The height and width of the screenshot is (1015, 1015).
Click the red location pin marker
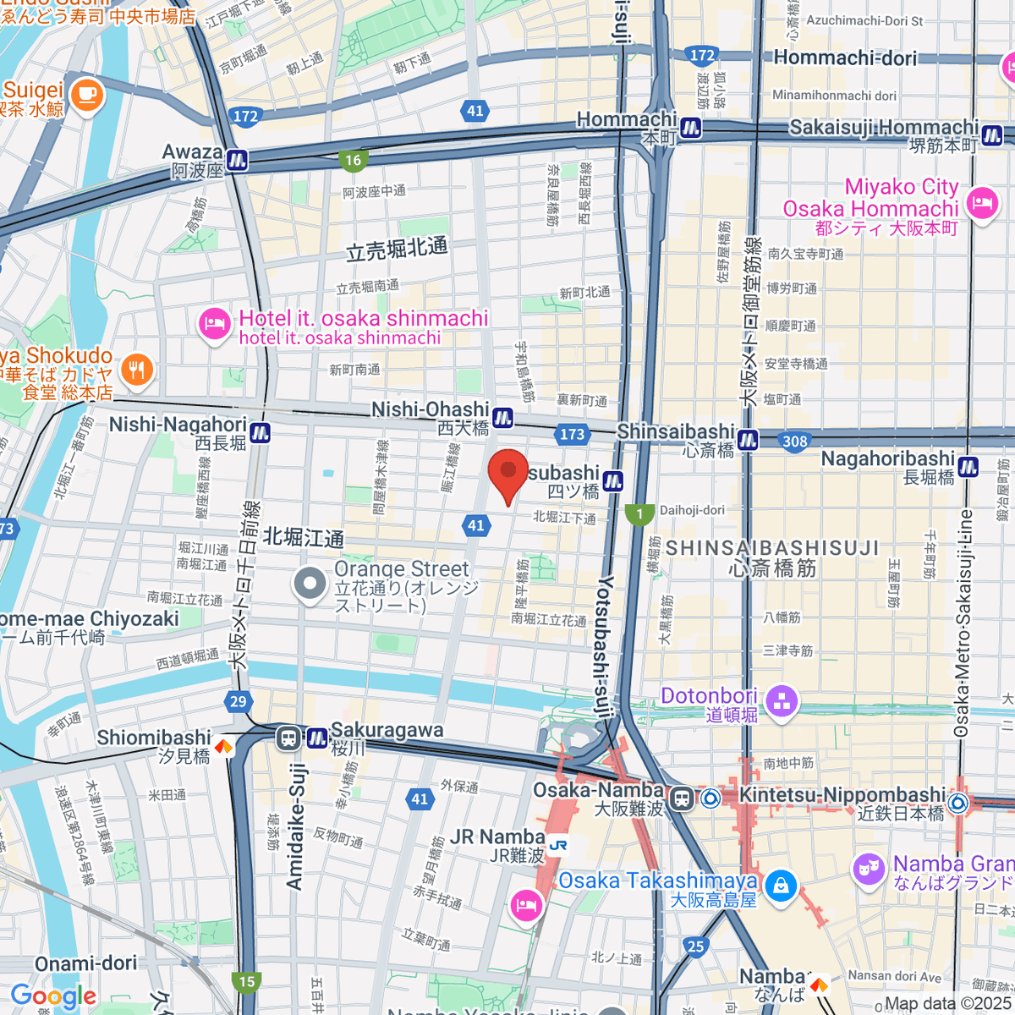(x=508, y=474)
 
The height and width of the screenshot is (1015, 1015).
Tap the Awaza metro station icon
(x=237, y=160)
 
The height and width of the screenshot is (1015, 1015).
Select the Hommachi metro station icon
(x=691, y=128)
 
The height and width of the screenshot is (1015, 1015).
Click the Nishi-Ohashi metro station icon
(x=503, y=417)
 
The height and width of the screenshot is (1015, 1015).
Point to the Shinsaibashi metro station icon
(x=748, y=439)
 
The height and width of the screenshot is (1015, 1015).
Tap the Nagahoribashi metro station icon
(x=968, y=466)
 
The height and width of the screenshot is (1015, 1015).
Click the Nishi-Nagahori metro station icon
(x=260, y=431)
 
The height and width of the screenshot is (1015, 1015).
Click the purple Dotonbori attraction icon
(x=781, y=701)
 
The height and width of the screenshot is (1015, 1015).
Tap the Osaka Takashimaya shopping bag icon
(x=780, y=886)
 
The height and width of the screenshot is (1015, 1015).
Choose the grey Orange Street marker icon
(x=310, y=584)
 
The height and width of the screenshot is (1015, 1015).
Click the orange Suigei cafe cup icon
(x=85, y=95)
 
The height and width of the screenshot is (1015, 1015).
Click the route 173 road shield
(x=573, y=434)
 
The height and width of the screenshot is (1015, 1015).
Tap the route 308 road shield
(x=795, y=441)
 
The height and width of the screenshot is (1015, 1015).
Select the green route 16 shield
(x=353, y=160)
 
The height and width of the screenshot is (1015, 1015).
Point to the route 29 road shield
(x=239, y=700)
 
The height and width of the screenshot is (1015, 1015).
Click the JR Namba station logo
(x=557, y=845)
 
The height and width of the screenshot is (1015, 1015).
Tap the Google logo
(x=52, y=996)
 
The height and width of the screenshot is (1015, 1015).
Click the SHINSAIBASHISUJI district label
(x=772, y=548)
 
